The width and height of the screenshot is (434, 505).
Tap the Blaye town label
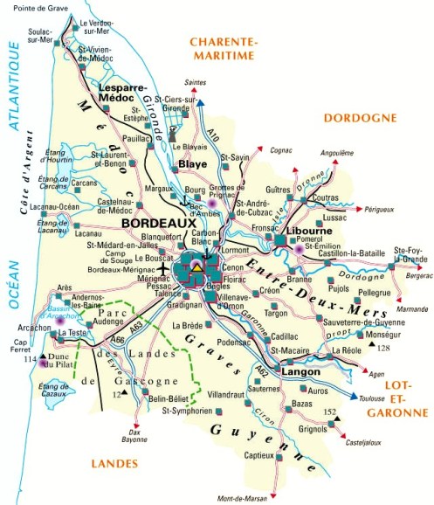pyautogui.click(x=192, y=163)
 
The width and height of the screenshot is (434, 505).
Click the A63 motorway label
pyautogui.click(x=135, y=326)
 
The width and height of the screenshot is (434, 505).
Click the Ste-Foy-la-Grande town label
pyautogui.click(x=409, y=254)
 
